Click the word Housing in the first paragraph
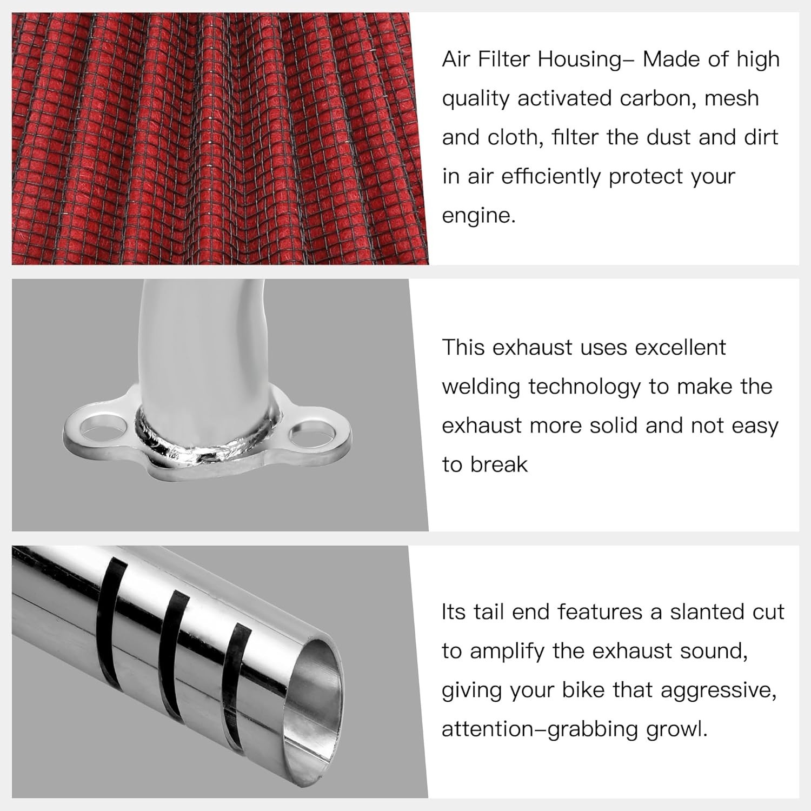[579, 59]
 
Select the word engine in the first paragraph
[478, 216]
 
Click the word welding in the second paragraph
[481, 387]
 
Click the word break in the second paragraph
[499, 464]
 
